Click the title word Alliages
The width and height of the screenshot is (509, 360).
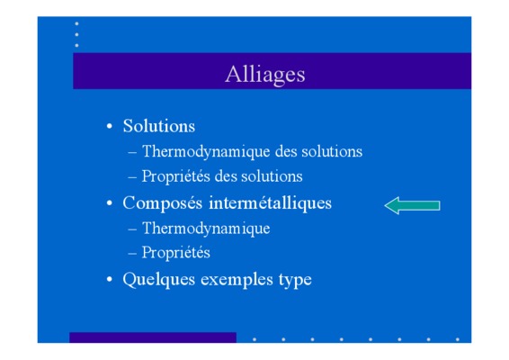pyautogui.click(x=265, y=75)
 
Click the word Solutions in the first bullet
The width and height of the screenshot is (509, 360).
pyautogui.click(x=159, y=126)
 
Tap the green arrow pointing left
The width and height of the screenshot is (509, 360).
pyautogui.click(x=412, y=205)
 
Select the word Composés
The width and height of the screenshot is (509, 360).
pyautogui.click(x=162, y=203)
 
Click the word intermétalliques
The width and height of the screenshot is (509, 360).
pyautogui.click(x=270, y=203)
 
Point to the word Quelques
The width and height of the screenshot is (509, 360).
pyautogui.click(x=159, y=279)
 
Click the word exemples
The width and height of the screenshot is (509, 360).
pyautogui.click(x=237, y=279)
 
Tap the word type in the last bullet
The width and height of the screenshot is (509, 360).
pyautogui.click(x=295, y=280)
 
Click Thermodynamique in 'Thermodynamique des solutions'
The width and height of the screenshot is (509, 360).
pyautogui.click(x=206, y=152)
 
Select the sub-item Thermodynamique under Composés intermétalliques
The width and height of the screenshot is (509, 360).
pyautogui.click(x=206, y=229)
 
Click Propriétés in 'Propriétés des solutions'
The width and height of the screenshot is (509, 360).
pyautogui.click(x=176, y=176)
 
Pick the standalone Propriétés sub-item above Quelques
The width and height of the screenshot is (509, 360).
pyautogui.click(x=176, y=253)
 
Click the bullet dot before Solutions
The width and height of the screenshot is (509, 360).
pyautogui.click(x=110, y=126)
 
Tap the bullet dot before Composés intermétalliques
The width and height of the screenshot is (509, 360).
pyautogui.click(x=110, y=203)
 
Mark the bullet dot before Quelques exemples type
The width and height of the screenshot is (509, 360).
pyautogui.click(x=110, y=279)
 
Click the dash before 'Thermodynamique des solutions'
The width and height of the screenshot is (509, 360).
pyautogui.click(x=132, y=152)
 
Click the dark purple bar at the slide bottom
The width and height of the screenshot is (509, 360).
pyautogui.click(x=153, y=337)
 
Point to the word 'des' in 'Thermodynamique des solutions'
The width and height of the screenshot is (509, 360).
pyautogui.click(x=286, y=152)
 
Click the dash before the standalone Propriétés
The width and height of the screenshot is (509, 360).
pyautogui.click(x=132, y=253)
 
